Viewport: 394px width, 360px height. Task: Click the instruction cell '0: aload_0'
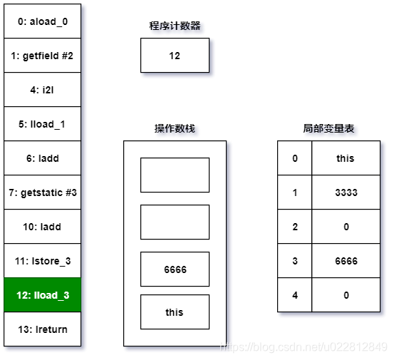click(x=43, y=21)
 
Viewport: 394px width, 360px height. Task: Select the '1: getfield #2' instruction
click(x=43, y=56)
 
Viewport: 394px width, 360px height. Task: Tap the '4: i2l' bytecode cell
click(x=43, y=90)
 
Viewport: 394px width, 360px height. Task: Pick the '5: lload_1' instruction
click(x=43, y=124)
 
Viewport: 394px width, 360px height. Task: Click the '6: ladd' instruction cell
click(x=43, y=158)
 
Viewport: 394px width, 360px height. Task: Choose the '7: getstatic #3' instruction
click(x=43, y=192)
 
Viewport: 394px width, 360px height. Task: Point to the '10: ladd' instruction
click(x=43, y=227)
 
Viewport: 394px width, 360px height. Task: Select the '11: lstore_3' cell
click(x=43, y=261)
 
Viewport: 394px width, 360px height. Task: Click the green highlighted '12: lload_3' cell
click(x=43, y=295)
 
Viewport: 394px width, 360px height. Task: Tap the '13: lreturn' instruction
click(x=43, y=329)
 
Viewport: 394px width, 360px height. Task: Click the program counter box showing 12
click(x=175, y=56)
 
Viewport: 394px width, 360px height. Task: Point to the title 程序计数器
click(x=175, y=26)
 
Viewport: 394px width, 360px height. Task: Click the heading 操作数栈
click(x=175, y=129)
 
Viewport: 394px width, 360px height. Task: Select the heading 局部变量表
click(x=328, y=129)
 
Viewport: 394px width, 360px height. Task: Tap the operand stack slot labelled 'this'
click(x=175, y=312)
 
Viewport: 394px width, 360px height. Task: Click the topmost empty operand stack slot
click(x=175, y=175)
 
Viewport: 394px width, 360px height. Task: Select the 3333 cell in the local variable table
click(x=346, y=192)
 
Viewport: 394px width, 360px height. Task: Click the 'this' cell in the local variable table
click(x=346, y=158)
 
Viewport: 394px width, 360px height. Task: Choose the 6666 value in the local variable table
click(x=346, y=261)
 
